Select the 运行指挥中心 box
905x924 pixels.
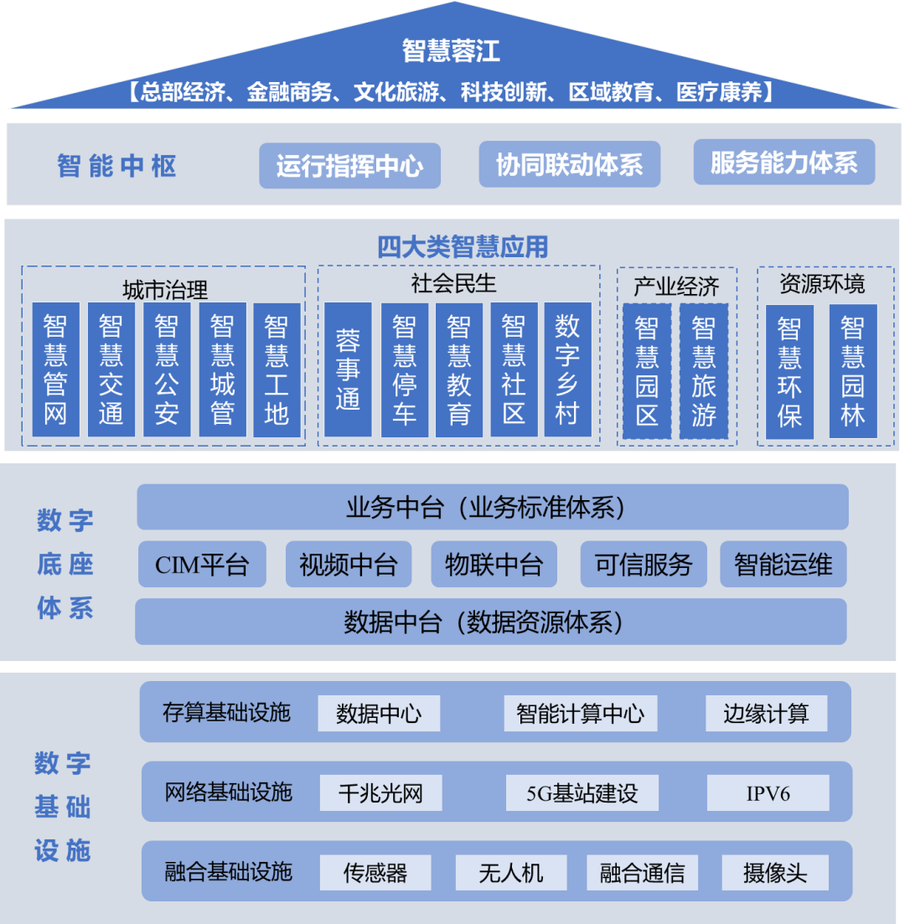[x=349, y=165]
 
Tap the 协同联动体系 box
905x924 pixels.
[x=569, y=164]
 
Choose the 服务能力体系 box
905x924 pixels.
[x=783, y=163]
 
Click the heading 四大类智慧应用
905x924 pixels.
[x=462, y=247]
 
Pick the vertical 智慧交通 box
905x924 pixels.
[x=111, y=369]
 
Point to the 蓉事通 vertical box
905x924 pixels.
[x=348, y=369]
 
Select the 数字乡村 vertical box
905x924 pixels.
[x=567, y=369]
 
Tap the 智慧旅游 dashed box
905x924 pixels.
[x=704, y=370]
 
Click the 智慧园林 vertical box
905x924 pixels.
[x=853, y=371]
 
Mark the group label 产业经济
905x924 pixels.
[x=676, y=287]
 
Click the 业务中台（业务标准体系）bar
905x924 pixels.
[x=492, y=508]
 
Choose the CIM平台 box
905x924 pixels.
[x=202, y=564]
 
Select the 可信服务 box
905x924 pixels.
[x=644, y=564]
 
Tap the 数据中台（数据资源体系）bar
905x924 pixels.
[x=490, y=622]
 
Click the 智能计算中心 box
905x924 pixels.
[x=581, y=714]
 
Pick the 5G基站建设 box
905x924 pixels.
[x=582, y=792]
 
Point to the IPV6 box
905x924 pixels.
[x=768, y=792]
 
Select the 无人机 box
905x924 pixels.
[x=511, y=873]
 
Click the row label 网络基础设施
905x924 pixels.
[x=228, y=792]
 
